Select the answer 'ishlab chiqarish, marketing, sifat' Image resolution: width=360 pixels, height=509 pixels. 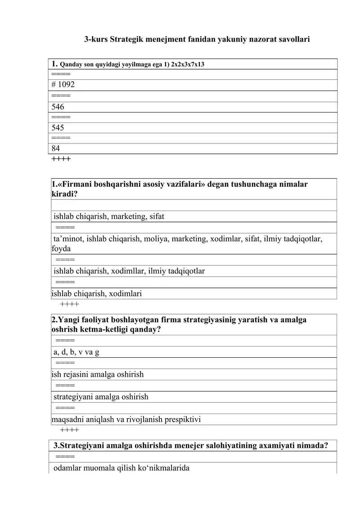pyautogui.click(x=109, y=216)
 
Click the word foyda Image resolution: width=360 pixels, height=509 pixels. pyautogui.click(x=61, y=248)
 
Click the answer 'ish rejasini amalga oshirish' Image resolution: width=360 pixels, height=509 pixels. pyautogui.click(x=98, y=374)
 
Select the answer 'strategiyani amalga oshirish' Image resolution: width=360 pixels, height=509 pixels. pyautogui.click(x=101, y=397)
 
